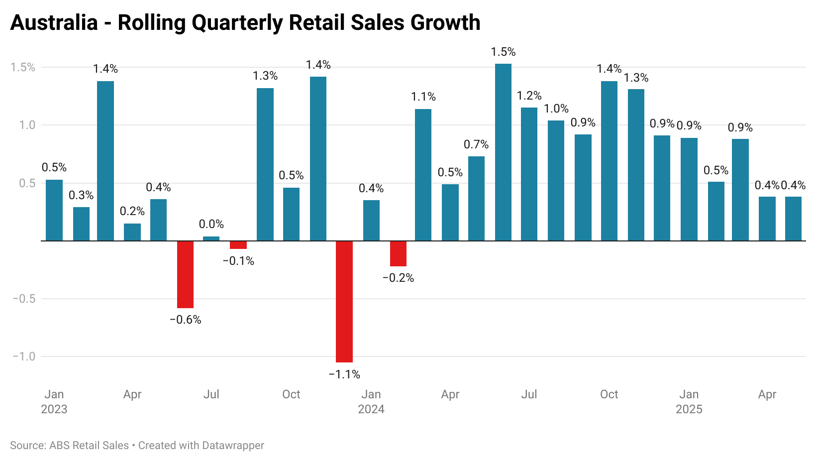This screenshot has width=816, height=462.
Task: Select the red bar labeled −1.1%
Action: (x=344, y=302)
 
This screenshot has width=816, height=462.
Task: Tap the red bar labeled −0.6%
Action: (x=185, y=274)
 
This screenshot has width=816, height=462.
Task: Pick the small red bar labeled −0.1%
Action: (x=238, y=245)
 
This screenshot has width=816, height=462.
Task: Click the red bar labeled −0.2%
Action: (x=398, y=254)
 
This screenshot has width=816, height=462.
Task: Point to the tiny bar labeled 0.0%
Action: (x=211, y=238)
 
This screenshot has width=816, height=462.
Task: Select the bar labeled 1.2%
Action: (x=529, y=174)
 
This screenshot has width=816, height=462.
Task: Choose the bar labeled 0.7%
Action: (x=476, y=199)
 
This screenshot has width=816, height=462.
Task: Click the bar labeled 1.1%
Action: (x=423, y=175)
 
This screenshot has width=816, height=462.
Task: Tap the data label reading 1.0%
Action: (x=556, y=109)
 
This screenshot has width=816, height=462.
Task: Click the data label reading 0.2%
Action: (x=132, y=211)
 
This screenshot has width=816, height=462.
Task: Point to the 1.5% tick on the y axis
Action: (x=23, y=67)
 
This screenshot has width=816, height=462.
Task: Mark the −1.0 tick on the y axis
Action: (x=24, y=356)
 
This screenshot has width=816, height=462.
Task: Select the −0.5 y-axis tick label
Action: (x=24, y=299)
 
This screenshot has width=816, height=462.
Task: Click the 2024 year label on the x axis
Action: (x=371, y=409)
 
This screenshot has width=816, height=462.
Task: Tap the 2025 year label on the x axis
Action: (x=689, y=409)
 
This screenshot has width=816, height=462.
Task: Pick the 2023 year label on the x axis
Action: (x=54, y=409)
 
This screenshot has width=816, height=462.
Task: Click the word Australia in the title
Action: (x=54, y=23)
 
